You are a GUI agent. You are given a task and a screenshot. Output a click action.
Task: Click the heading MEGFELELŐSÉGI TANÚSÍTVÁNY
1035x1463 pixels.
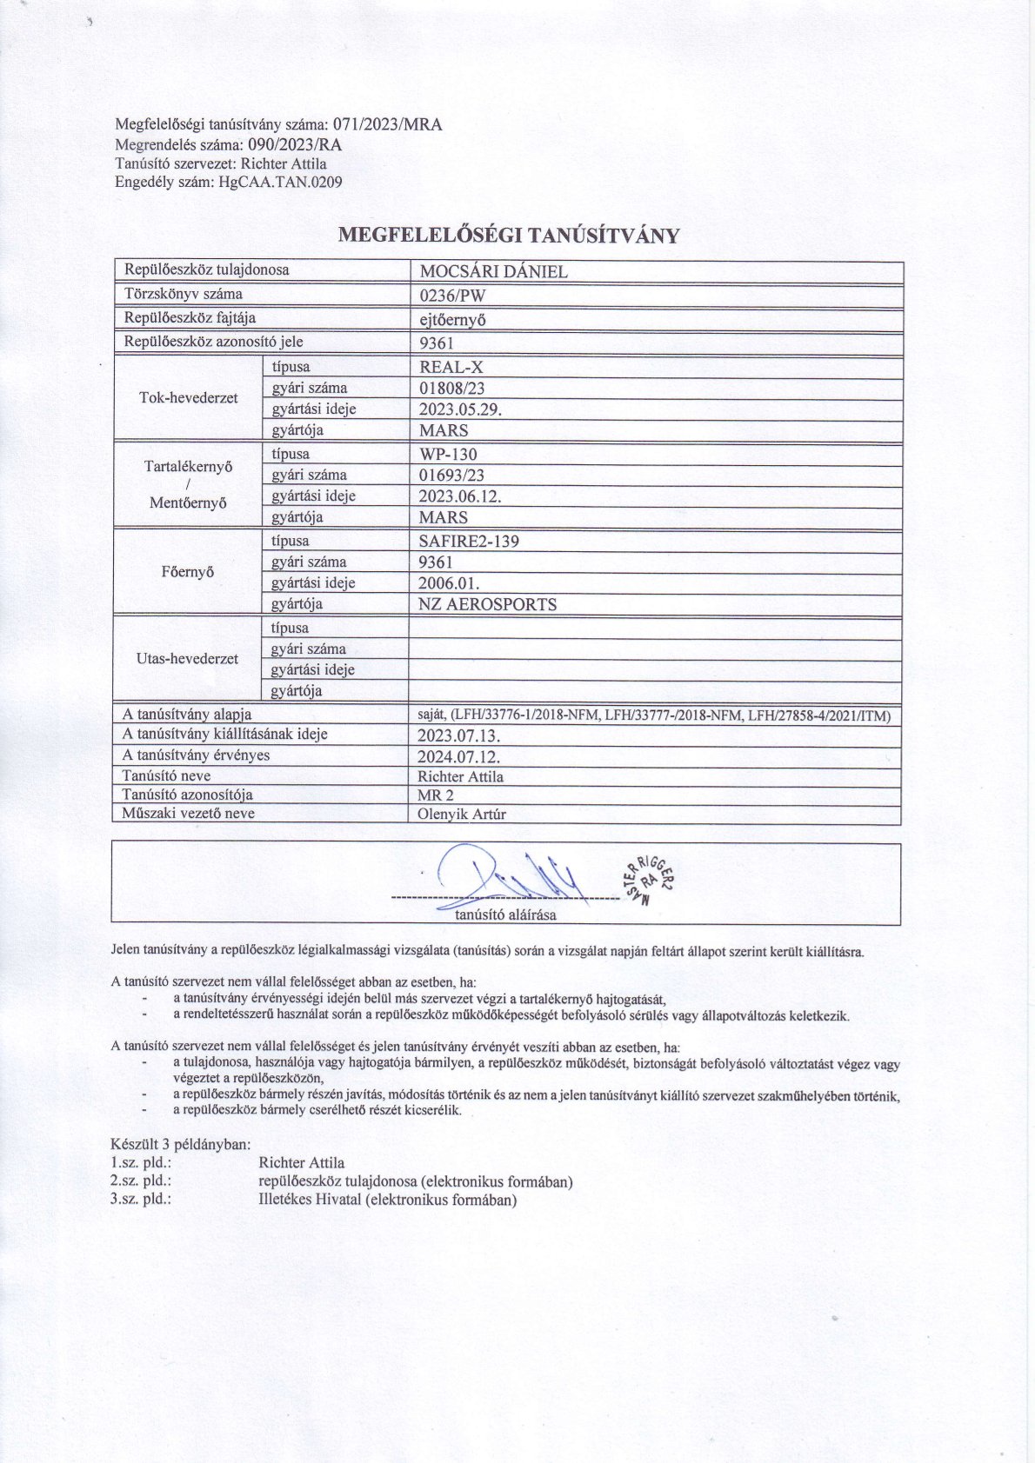coord(508,236)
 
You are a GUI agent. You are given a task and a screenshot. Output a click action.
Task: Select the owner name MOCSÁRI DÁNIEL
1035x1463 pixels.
coord(493,271)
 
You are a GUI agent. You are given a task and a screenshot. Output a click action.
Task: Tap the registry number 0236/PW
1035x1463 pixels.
coord(452,295)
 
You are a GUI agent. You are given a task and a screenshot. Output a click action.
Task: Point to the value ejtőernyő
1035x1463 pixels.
coord(452,319)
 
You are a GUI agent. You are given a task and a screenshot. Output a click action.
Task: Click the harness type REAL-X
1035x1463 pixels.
coord(451,367)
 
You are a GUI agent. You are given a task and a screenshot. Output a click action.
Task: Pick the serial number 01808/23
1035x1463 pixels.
coord(451,389)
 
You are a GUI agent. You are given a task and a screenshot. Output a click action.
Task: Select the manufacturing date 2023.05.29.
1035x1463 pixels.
coord(460,409)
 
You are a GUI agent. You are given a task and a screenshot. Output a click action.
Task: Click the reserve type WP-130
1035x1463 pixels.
coord(448,454)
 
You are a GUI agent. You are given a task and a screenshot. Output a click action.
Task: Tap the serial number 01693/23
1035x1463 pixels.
coord(451,475)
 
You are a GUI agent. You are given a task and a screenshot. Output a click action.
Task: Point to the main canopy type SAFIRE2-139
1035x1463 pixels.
coord(469,541)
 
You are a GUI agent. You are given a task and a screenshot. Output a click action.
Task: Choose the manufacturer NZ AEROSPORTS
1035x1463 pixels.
coord(488,604)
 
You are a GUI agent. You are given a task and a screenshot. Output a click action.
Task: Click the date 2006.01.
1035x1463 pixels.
coord(449,583)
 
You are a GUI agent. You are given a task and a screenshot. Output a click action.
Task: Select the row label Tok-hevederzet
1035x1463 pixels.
coord(189,398)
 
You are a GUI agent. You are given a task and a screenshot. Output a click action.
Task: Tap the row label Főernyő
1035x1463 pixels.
coord(188,572)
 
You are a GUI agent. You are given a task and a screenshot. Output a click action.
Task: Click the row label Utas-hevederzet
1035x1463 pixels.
coord(188,659)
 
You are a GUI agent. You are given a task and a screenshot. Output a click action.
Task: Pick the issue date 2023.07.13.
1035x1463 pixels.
coord(459,735)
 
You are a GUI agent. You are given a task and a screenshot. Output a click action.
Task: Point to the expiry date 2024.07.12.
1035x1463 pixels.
coord(459,755)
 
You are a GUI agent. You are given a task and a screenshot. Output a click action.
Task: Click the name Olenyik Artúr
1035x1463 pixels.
coord(462,815)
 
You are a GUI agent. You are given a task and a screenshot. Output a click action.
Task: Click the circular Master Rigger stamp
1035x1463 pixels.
coord(649,880)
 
